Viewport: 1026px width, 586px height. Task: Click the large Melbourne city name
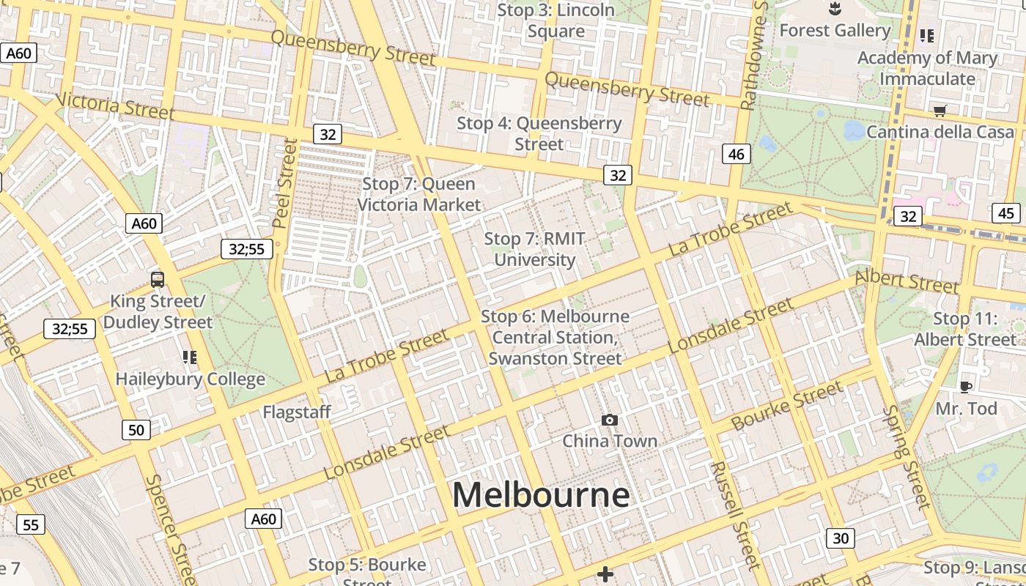541,495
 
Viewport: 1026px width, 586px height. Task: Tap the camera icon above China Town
609,420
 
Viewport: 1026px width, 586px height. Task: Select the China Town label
609,441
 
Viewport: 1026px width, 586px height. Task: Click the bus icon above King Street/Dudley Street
158,279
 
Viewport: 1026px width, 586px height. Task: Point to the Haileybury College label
191,379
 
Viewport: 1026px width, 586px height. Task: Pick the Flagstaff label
297,412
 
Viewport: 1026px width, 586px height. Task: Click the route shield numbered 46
737,154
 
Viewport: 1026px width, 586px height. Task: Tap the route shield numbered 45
1006,213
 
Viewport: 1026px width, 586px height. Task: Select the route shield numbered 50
136,430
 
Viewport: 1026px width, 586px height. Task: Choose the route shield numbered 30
841,538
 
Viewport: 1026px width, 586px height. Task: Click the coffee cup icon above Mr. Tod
965,387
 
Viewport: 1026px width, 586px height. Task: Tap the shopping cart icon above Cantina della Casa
940,111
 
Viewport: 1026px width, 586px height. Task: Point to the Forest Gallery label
835,31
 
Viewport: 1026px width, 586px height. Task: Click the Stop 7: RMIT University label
535,249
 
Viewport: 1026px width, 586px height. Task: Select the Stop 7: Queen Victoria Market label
419,194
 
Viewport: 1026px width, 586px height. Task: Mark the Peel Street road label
285,183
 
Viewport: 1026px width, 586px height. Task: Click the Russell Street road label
731,514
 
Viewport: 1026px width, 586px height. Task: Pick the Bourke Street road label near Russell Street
788,407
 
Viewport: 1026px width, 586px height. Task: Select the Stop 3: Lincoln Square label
556,21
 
